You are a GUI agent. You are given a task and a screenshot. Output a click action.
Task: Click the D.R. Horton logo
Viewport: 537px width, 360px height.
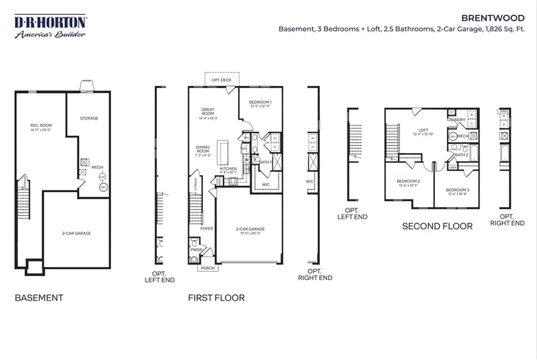tap(50, 27)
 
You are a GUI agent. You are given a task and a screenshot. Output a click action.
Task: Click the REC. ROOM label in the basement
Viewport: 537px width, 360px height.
tap(41, 125)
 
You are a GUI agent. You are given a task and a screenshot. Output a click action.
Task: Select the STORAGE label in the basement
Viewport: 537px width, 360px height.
tap(89, 118)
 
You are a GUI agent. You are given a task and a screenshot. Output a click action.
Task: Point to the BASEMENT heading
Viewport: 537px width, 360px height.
tap(39, 297)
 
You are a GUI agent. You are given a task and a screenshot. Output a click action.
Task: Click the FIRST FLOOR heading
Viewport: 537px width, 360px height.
tap(216, 297)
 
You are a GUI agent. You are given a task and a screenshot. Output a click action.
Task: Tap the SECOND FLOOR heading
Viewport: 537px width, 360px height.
tap(437, 226)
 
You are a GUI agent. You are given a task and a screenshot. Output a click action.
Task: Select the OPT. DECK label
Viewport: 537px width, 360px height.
tap(221, 80)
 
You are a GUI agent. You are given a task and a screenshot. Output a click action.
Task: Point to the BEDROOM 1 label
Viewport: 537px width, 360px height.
tap(260, 102)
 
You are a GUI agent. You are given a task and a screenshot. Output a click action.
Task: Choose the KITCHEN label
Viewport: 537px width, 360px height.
tap(229, 168)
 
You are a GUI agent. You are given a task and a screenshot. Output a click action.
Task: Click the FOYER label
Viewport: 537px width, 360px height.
tap(206, 228)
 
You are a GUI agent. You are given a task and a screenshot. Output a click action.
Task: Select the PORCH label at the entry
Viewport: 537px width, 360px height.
tap(207, 268)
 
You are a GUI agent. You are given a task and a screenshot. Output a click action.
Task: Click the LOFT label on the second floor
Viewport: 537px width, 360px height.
tap(424, 130)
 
